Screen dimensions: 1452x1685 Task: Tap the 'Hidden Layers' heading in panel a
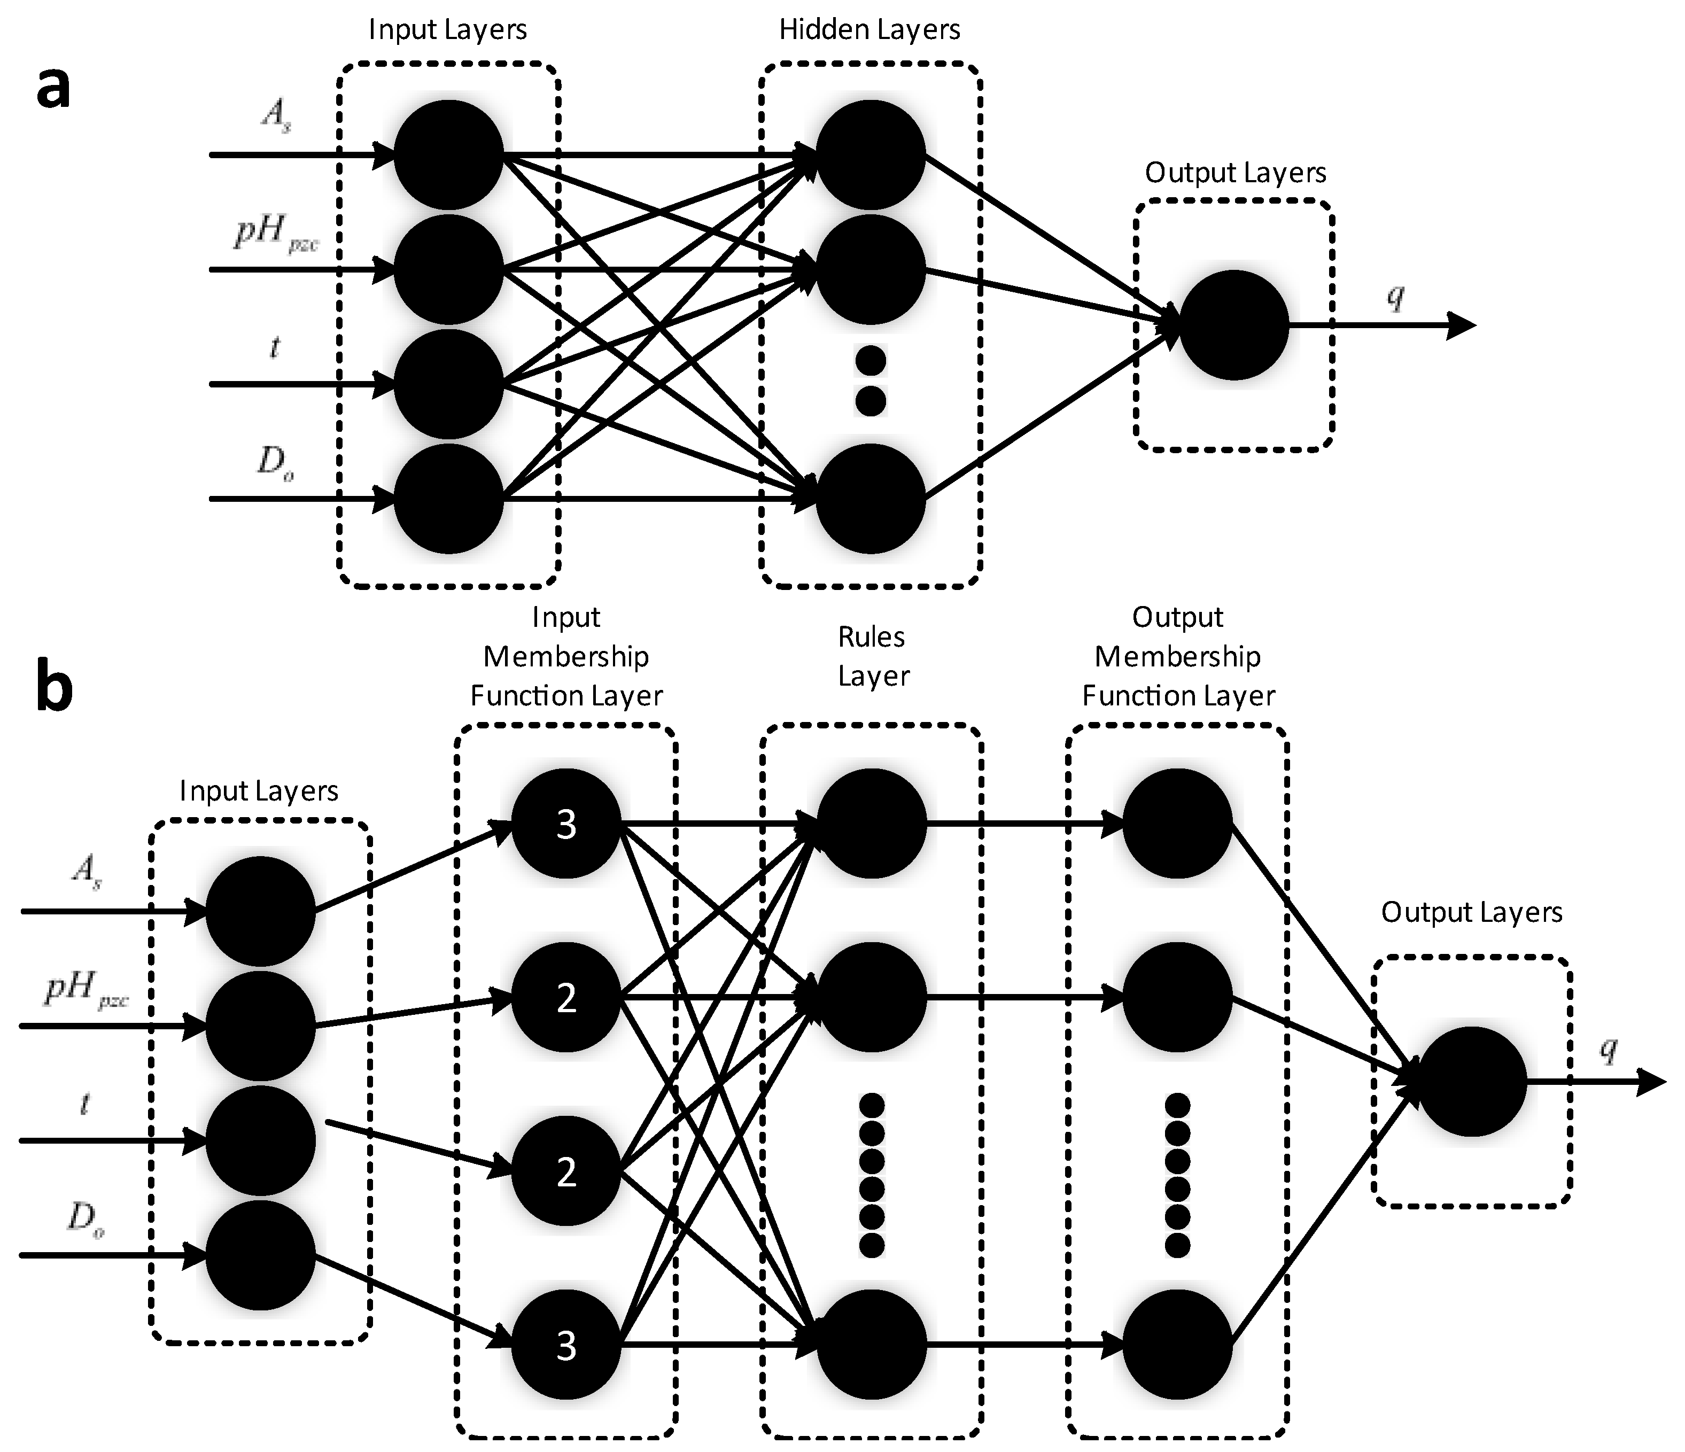[x=869, y=30]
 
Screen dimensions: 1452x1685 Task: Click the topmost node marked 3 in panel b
[x=566, y=823]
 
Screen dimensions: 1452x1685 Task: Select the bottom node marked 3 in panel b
[x=566, y=1346]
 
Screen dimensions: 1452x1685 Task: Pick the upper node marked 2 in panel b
[x=566, y=997]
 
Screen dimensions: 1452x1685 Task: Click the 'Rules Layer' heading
[x=872, y=656]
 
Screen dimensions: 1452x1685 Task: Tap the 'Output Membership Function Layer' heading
[x=1177, y=656]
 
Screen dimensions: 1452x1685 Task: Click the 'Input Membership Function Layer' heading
[x=566, y=656]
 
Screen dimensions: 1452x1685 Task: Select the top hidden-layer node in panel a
[x=870, y=154]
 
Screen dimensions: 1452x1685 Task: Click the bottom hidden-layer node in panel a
[x=870, y=499]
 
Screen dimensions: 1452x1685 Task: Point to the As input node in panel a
[x=448, y=154]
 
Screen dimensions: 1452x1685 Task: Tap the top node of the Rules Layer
[x=871, y=823]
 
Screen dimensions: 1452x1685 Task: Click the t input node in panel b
[x=260, y=1140]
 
